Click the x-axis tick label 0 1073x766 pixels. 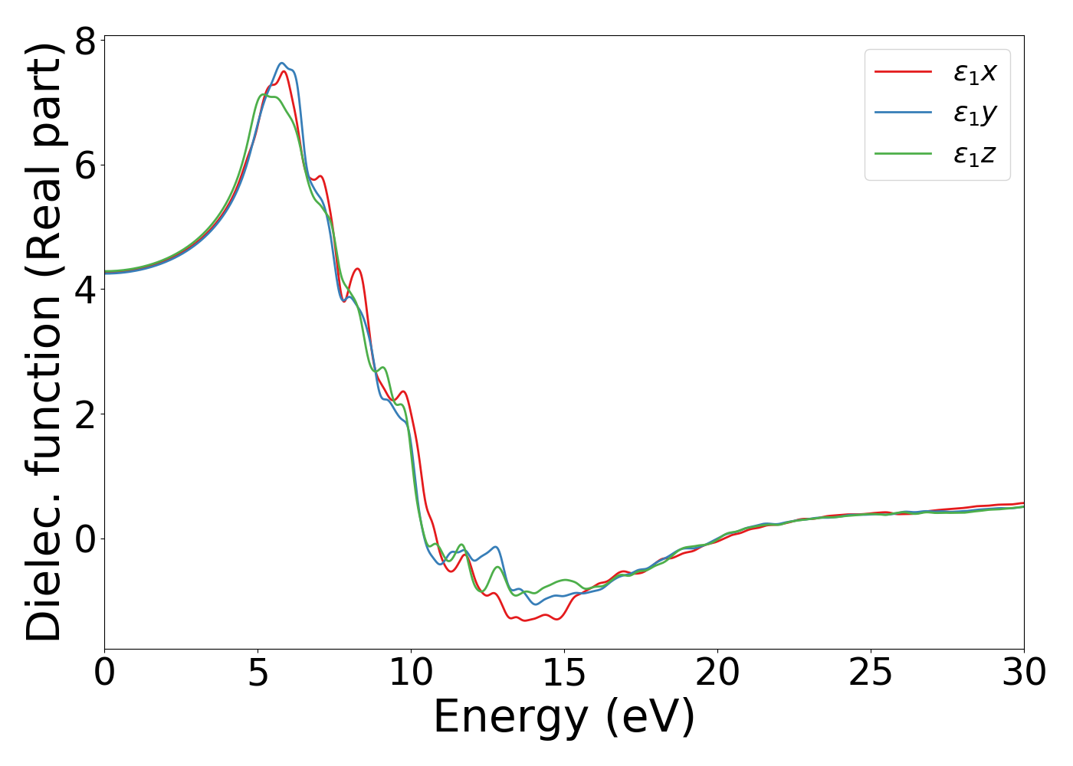click(x=104, y=673)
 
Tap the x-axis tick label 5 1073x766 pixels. click(x=258, y=673)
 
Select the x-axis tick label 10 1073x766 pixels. click(x=411, y=673)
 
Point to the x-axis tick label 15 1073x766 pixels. click(x=564, y=673)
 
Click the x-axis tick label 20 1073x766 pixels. click(x=717, y=673)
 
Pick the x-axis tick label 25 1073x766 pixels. click(x=871, y=673)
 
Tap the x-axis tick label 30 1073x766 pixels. click(x=1024, y=673)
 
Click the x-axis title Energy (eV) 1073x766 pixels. click(x=564, y=718)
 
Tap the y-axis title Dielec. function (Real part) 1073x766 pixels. click(x=44, y=342)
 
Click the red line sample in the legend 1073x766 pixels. click(x=904, y=71)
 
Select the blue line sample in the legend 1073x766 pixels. click(x=904, y=113)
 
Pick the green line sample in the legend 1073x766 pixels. click(x=904, y=154)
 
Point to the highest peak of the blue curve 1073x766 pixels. click(x=282, y=63)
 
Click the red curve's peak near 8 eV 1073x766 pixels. click(x=356, y=269)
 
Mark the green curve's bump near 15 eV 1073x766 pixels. click(x=566, y=580)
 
